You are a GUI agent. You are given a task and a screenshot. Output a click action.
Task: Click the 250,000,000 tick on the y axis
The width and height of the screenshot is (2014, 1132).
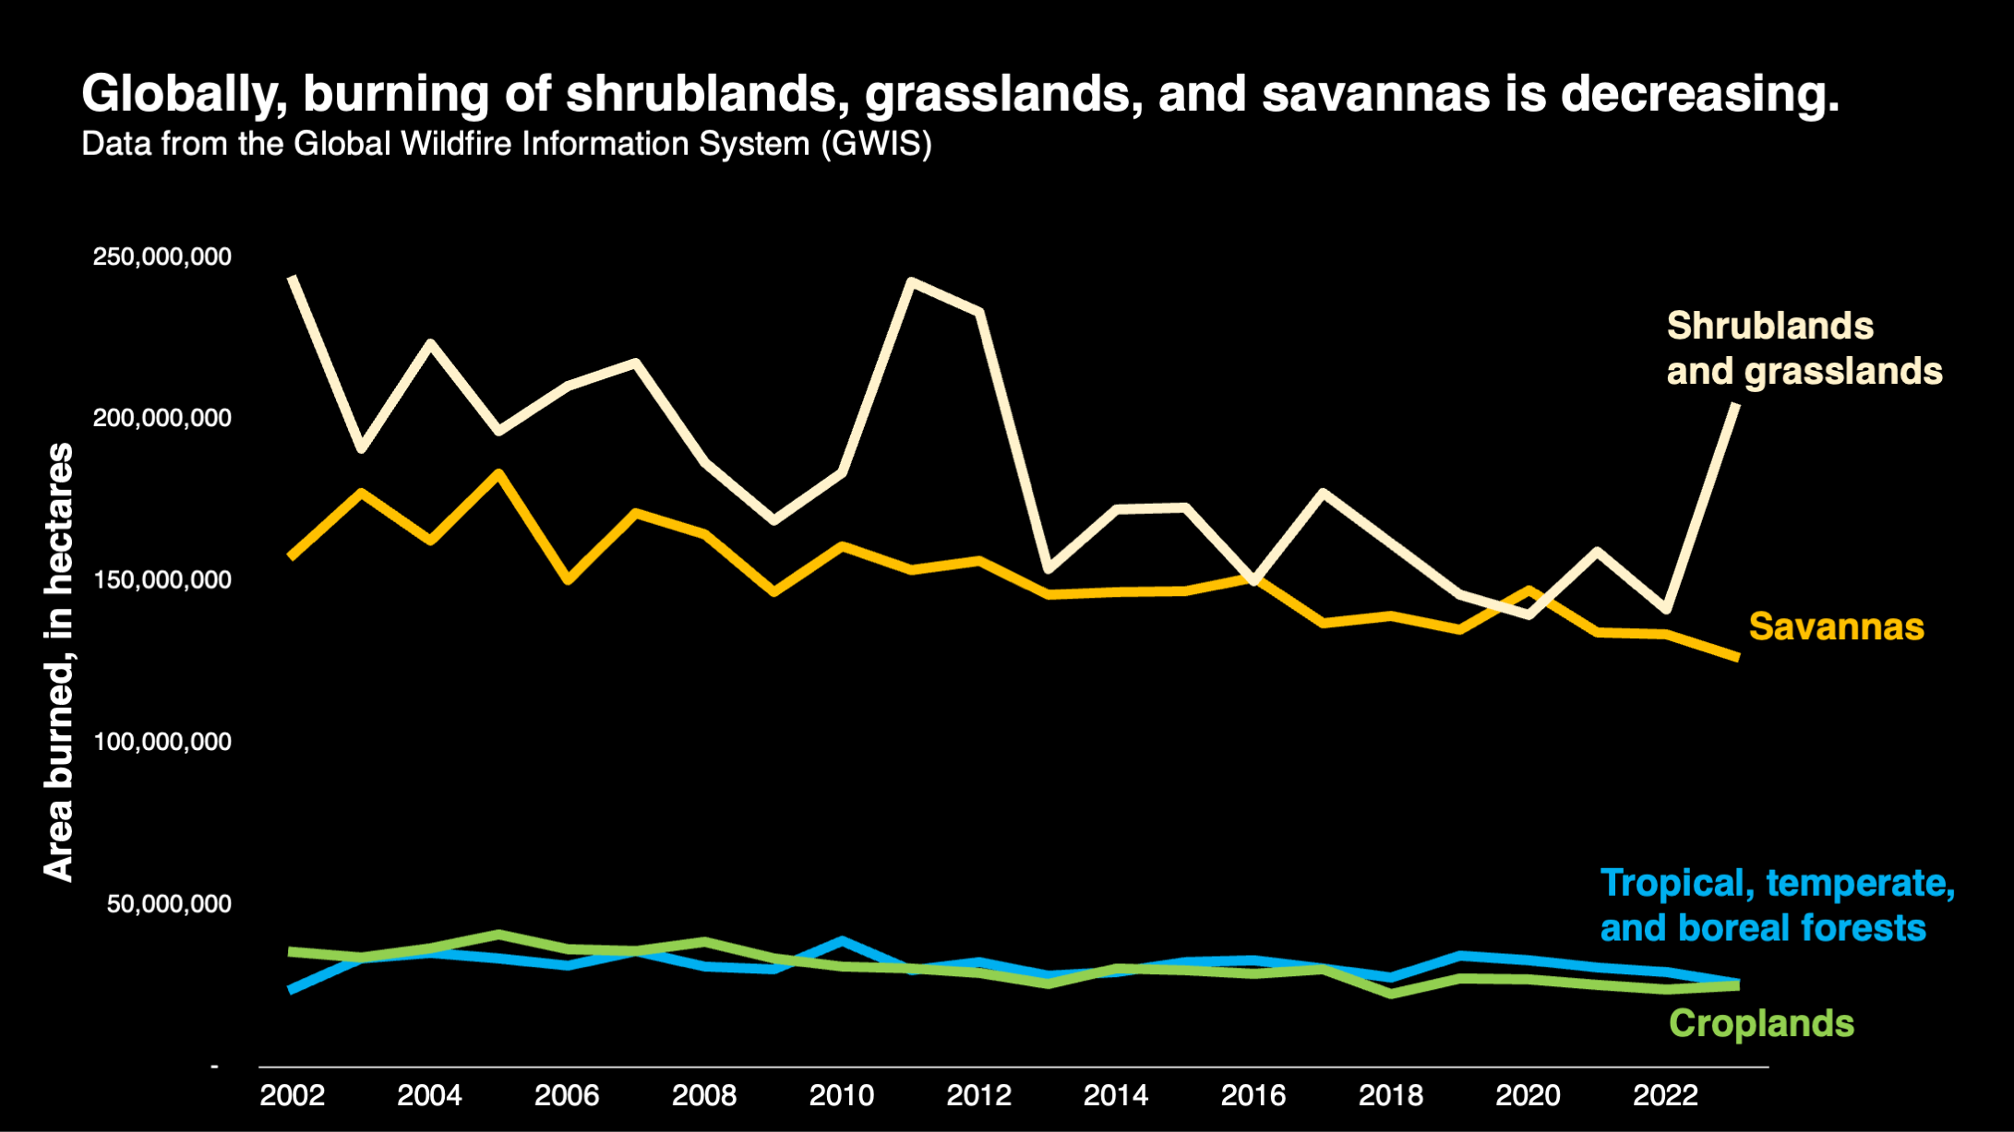point(162,256)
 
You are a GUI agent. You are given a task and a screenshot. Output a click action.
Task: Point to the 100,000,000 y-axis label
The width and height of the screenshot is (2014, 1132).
point(162,742)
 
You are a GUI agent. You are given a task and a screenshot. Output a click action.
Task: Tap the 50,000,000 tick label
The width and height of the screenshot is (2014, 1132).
point(169,904)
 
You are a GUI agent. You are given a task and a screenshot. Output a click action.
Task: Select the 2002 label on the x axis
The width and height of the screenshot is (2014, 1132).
point(293,1095)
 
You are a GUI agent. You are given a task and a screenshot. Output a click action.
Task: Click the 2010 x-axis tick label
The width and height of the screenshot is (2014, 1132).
point(841,1095)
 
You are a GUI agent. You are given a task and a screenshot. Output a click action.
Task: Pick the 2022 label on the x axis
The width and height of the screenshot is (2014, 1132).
point(1665,1095)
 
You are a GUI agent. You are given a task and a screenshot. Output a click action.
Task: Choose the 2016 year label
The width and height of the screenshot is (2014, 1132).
point(1253,1095)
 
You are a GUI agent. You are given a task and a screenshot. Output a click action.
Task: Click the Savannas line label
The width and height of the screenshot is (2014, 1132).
point(1836,627)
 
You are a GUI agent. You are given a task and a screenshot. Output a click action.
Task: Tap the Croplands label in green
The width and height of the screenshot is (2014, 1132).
point(1761,1024)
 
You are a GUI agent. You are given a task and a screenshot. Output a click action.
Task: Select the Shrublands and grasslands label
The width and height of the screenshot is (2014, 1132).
point(1804,349)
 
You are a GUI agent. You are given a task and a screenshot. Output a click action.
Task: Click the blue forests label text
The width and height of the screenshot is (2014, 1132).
point(1776,905)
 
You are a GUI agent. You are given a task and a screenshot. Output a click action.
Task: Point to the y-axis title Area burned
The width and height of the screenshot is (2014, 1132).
point(59,661)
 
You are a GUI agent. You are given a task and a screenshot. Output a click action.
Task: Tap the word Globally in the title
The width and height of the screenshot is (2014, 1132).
point(184,94)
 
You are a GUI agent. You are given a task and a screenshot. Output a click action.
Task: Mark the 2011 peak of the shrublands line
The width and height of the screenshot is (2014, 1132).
point(911,281)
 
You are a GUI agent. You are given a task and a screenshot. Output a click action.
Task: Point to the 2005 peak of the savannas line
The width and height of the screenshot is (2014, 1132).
point(498,474)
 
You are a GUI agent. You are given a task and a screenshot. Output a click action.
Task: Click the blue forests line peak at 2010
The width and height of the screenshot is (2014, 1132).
point(841,941)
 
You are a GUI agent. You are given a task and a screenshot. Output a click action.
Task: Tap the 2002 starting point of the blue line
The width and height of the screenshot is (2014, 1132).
point(292,990)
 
